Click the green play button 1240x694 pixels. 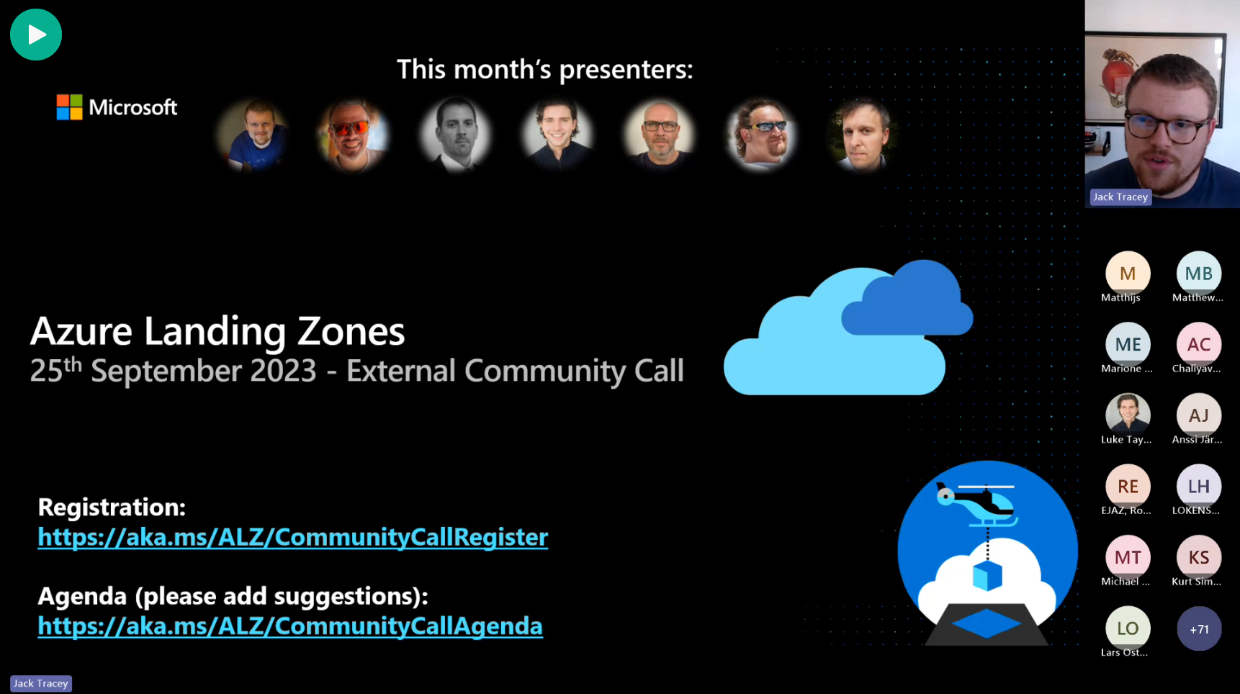click(36, 35)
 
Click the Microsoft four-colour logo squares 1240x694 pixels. click(70, 107)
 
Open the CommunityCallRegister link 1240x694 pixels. click(292, 537)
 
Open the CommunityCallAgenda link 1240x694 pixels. click(289, 626)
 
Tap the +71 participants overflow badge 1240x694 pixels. click(1199, 629)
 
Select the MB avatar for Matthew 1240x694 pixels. click(1199, 274)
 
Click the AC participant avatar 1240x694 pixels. click(1199, 345)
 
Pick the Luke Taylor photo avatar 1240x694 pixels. click(1128, 415)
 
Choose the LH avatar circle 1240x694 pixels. click(1199, 487)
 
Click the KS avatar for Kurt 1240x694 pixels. click(1199, 557)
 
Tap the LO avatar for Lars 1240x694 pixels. click(1128, 628)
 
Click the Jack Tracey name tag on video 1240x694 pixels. click(1120, 197)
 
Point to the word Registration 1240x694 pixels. click(112, 508)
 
